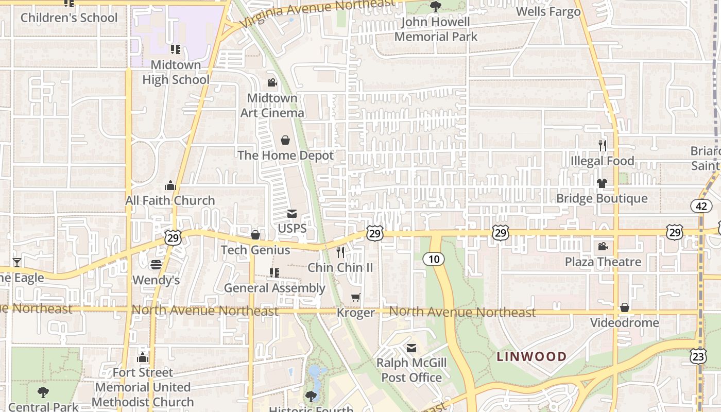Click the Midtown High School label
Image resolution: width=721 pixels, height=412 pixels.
[x=176, y=72]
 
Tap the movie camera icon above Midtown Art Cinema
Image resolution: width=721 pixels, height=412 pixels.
[x=272, y=83]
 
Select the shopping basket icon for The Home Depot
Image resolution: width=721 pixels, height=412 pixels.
[x=285, y=140]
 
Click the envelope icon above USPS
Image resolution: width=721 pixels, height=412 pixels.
[x=292, y=214]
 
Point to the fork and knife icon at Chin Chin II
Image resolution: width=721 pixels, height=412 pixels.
[x=340, y=252]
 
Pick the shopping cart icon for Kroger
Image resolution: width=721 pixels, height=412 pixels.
[x=355, y=297]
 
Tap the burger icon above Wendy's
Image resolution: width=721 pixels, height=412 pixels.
[x=156, y=265]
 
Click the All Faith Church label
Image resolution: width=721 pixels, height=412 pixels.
[x=170, y=200]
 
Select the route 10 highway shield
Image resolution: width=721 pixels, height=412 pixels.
[x=434, y=259]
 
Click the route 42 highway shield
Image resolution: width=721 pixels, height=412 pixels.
[x=701, y=206]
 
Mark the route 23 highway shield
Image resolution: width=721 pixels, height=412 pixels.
[x=698, y=356]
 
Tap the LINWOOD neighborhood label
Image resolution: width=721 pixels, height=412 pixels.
[x=531, y=356]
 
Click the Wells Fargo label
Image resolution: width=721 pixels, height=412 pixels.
[x=548, y=11]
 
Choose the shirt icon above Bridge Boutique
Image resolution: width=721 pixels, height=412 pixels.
[x=602, y=183]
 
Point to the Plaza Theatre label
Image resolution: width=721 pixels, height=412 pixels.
[x=603, y=262]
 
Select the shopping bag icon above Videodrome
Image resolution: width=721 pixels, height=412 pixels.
[x=625, y=307]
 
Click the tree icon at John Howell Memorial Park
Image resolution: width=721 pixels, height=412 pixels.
[x=436, y=7]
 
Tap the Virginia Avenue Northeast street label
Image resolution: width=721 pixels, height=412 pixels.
[x=318, y=13]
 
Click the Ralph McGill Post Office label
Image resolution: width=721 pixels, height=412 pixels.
[x=411, y=370]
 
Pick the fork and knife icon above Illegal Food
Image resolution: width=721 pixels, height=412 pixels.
[x=603, y=146]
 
